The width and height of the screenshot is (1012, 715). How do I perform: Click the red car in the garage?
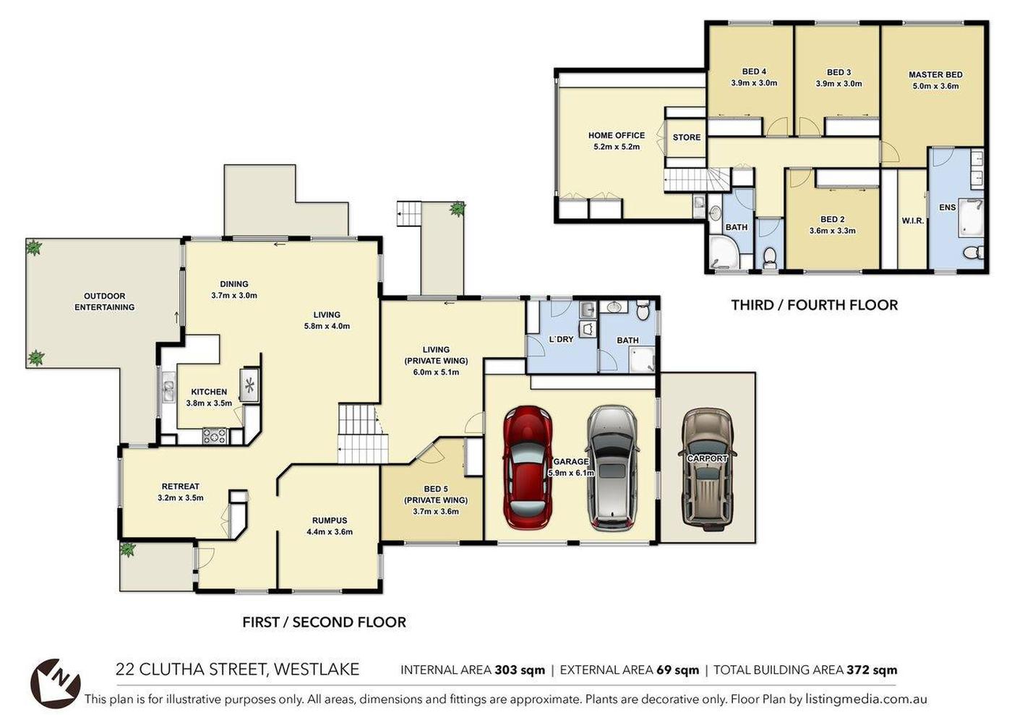[528, 467]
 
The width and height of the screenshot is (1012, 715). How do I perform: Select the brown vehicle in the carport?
[707, 467]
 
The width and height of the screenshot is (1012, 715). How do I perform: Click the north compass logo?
[55, 682]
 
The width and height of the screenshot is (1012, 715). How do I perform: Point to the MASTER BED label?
[935, 74]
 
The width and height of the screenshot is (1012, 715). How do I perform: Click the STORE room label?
[686, 137]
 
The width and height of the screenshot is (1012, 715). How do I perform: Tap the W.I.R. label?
[912, 221]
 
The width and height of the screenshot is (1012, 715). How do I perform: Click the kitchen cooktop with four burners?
[215, 436]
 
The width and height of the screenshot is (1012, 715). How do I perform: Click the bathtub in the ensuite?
[972, 218]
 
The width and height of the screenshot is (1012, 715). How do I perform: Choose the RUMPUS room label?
[330, 521]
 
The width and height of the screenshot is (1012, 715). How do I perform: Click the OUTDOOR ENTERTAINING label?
[104, 301]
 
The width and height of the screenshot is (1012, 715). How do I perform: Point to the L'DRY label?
[561, 339]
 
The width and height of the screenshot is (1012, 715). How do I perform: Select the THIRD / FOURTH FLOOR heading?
[814, 305]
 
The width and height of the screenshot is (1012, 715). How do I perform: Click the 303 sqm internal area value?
[520, 669]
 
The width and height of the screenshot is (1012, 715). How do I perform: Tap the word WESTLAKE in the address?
[317, 669]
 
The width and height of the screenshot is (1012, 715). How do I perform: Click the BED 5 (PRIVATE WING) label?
[435, 494]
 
